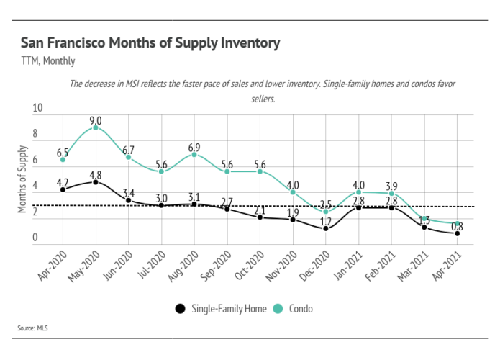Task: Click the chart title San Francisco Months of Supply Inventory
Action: pyautogui.click(x=150, y=43)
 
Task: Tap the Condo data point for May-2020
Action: pyautogui.click(x=96, y=127)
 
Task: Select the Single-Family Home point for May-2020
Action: pyautogui.click(x=96, y=182)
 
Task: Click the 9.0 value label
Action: pyautogui.click(x=96, y=120)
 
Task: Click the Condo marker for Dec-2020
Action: pyautogui.click(x=326, y=211)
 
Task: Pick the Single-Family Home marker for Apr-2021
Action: pyautogui.click(x=458, y=233)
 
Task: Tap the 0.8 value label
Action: pyautogui.click(x=458, y=225)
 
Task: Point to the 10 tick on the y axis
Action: pyautogui.click(x=37, y=108)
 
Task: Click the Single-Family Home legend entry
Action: pyautogui.click(x=221, y=309)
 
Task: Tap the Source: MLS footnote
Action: pyautogui.click(x=32, y=328)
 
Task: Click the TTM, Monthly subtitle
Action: pyautogui.click(x=48, y=61)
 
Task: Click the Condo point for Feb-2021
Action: pyautogui.click(x=391, y=193)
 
